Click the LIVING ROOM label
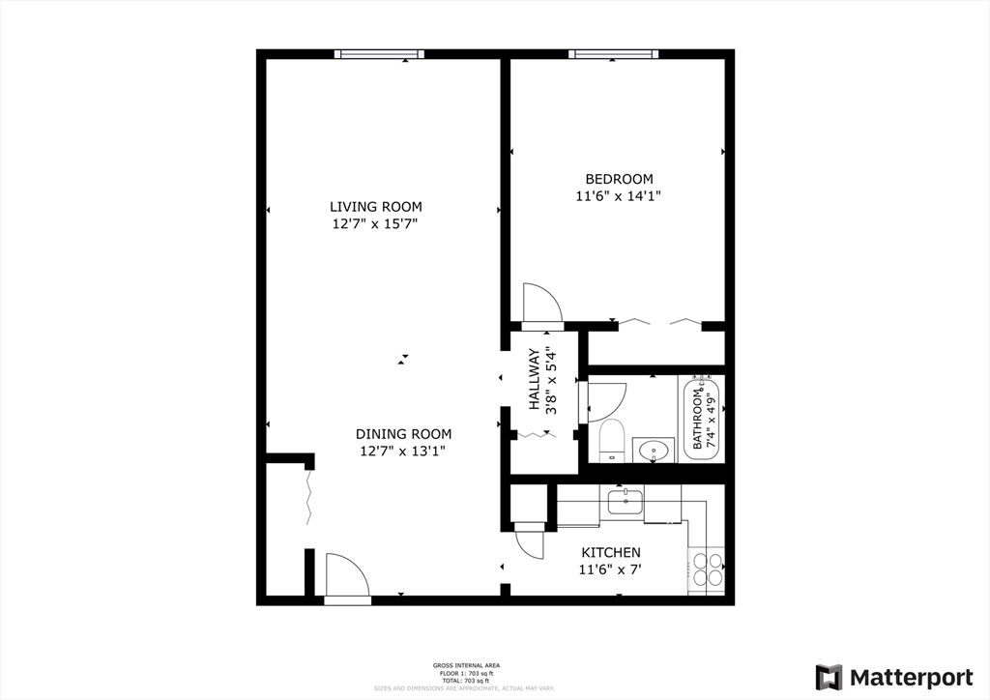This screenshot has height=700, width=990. [x=375, y=206]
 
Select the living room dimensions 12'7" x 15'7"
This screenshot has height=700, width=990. [x=375, y=223]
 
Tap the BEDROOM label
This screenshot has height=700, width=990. [x=619, y=179]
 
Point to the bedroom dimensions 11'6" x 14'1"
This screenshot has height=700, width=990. [x=619, y=195]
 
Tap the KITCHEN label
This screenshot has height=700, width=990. [x=610, y=552]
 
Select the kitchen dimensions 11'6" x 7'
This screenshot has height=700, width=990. [x=610, y=569]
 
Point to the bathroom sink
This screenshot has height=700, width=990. [x=655, y=450]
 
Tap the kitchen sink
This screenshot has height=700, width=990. [x=626, y=503]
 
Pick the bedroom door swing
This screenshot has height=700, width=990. [x=540, y=303]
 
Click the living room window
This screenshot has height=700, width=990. [x=379, y=54]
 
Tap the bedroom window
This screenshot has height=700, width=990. [x=614, y=54]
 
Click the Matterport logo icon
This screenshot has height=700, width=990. [x=829, y=677]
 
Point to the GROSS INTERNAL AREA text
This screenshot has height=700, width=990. [x=466, y=665]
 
